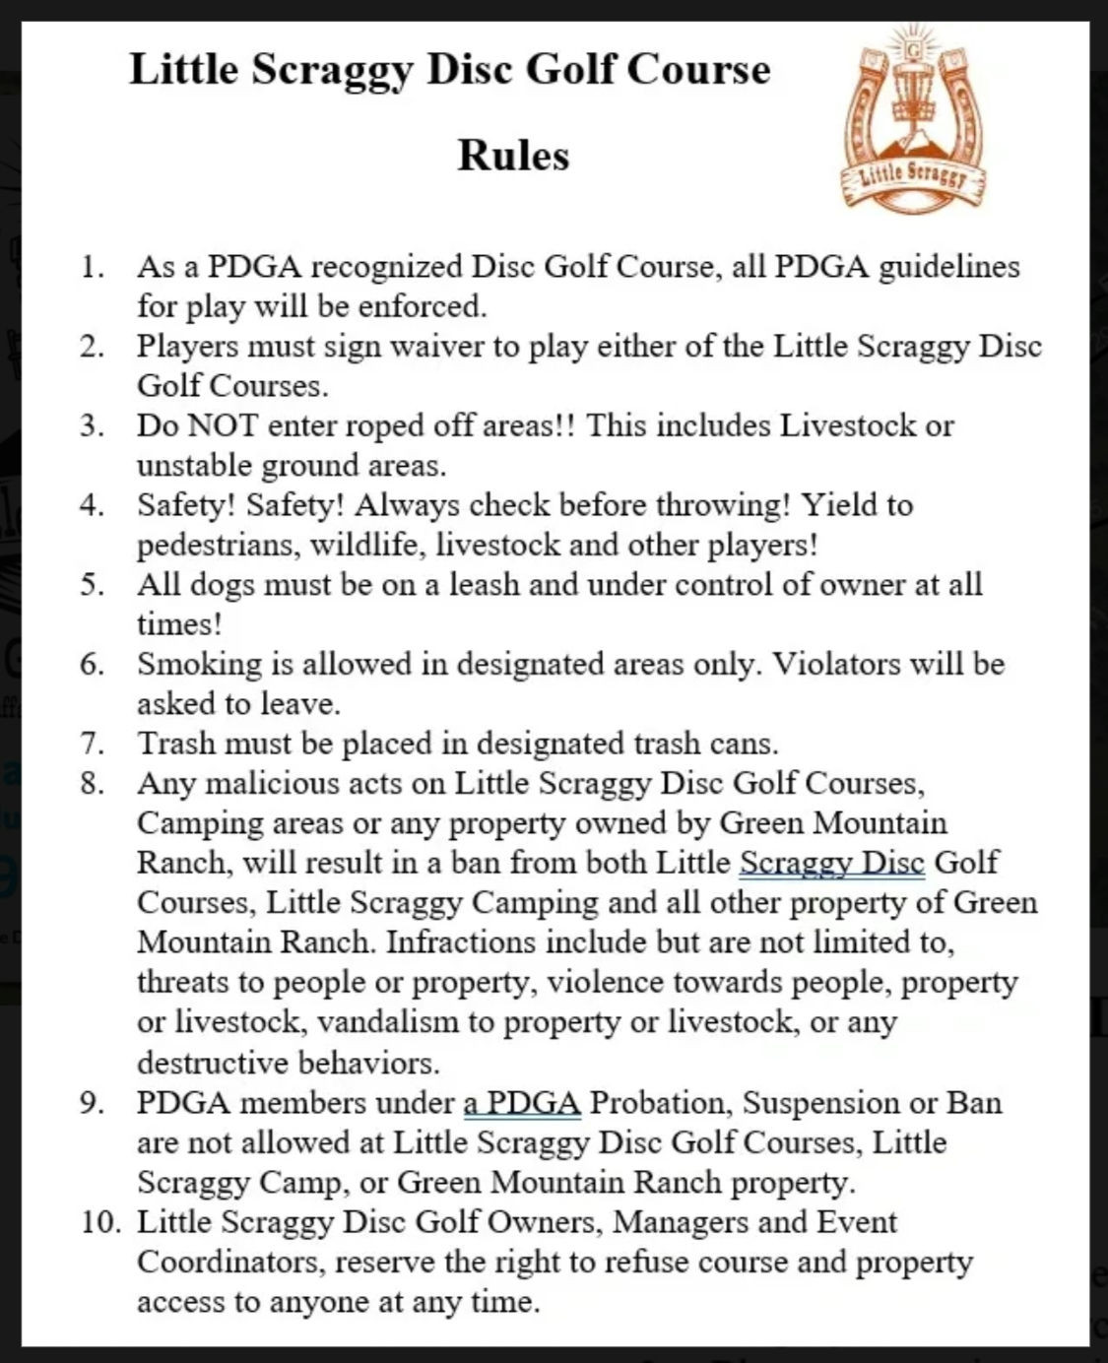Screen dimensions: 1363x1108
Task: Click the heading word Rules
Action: click(513, 156)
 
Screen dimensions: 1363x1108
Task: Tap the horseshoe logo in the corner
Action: click(915, 118)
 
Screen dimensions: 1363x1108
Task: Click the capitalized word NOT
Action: click(223, 425)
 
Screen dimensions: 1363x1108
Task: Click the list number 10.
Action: click(101, 1222)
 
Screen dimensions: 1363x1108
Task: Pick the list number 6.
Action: click(93, 664)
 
